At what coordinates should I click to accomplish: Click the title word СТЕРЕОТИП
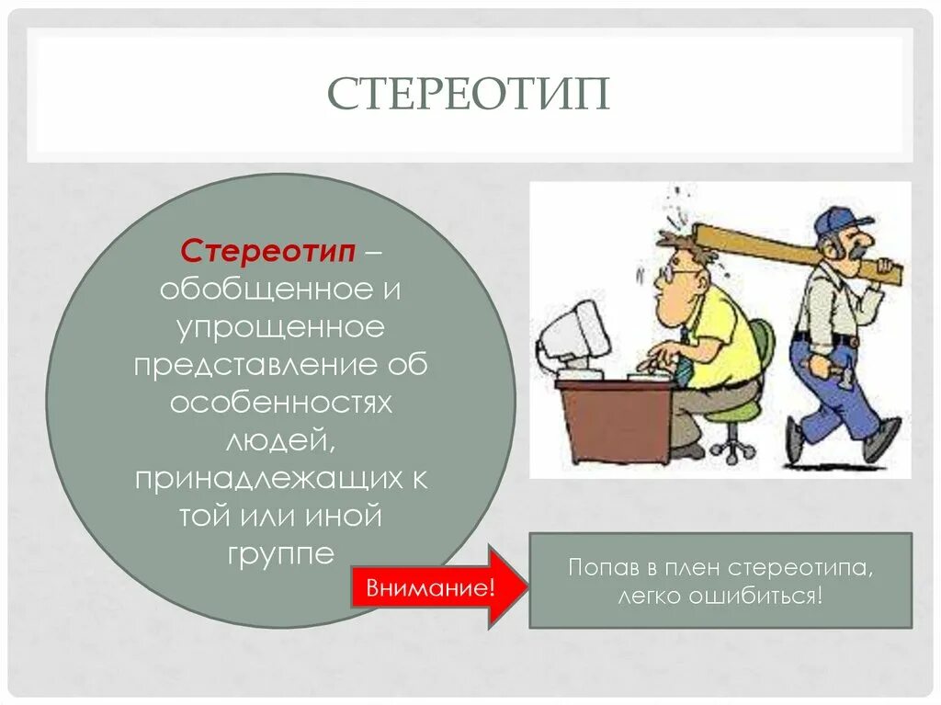coord(469,94)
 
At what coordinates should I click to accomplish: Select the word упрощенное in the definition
coord(280,327)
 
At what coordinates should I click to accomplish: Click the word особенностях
coord(280,404)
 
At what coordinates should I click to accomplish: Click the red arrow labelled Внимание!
coord(432,587)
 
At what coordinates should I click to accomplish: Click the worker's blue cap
coord(841,221)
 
